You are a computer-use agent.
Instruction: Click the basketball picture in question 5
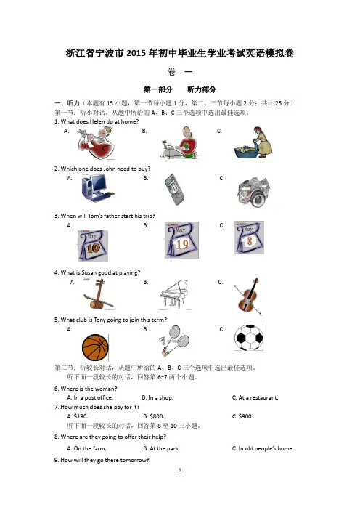(95, 347)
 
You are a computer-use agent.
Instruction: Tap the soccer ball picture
(249, 338)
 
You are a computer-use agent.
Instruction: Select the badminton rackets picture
(173, 341)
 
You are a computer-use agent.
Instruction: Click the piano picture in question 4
(174, 295)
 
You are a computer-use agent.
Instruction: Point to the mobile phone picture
(174, 190)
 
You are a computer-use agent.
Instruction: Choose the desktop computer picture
(97, 188)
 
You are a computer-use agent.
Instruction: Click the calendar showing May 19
(181, 240)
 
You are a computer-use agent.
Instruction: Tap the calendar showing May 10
(93, 246)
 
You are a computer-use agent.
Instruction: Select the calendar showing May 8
(249, 238)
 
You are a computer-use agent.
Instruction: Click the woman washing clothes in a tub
(253, 142)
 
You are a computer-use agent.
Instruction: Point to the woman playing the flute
(97, 143)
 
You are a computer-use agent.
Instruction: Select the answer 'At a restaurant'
(255, 397)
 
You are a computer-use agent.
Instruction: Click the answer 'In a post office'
(90, 397)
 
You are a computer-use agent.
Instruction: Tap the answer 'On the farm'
(86, 448)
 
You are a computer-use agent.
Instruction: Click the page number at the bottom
(180, 469)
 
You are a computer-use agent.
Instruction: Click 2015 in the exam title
(136, 53)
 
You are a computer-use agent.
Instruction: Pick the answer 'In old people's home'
(263, 448)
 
